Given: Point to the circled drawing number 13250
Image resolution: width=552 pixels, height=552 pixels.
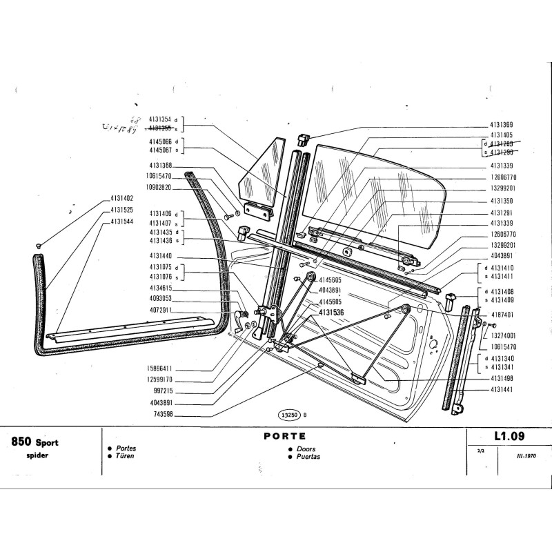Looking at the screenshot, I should tap(288, 415).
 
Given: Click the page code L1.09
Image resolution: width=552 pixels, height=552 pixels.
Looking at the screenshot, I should tap(510, 436).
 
